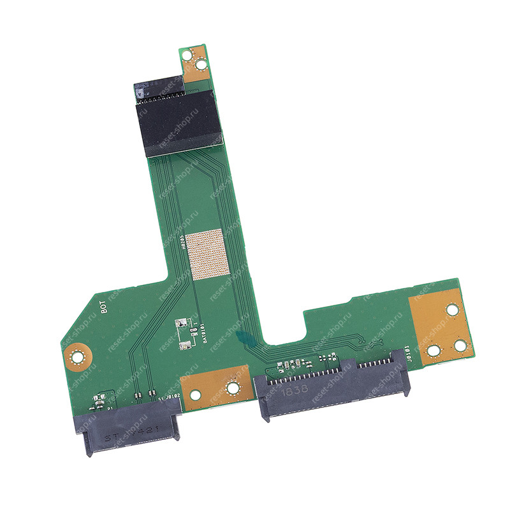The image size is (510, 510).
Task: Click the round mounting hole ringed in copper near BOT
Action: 78,356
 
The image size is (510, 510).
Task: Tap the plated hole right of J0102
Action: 233,386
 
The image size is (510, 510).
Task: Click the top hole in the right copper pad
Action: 451,310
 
